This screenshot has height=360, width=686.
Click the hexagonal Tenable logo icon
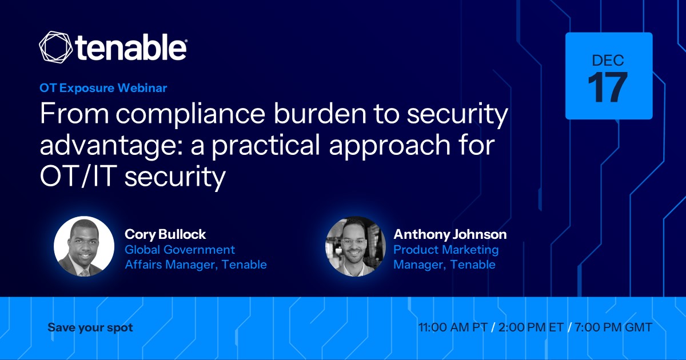56,47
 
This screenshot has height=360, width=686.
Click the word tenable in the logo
131,47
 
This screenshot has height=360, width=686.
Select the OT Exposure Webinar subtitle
103,88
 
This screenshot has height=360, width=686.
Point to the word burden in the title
320,113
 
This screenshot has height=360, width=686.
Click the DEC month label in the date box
608,61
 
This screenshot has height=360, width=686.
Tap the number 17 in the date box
607,88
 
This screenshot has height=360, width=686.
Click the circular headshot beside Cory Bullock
84,247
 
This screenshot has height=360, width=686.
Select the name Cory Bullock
165,234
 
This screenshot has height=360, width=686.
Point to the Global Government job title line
180,250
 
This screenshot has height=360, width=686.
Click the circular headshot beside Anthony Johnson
355,247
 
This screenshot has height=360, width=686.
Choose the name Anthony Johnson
450,234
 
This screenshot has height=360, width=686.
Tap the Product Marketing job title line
446,250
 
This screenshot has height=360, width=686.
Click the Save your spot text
90,328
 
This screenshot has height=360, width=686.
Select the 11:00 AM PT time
453,327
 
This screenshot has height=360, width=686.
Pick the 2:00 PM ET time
531,327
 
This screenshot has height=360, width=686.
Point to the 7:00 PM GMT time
613,327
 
